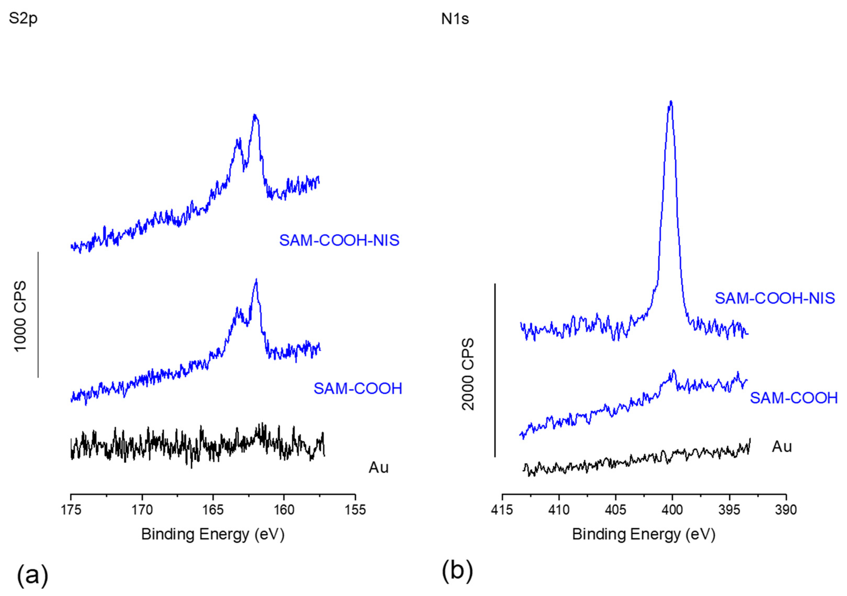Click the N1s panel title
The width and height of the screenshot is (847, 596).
coord(455,18)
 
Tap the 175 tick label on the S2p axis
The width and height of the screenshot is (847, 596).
coord(71,510)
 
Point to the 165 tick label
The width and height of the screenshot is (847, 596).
coord(213,510)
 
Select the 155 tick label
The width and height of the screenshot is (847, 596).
coord(355,510)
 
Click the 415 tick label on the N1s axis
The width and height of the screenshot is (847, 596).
coord(502,510)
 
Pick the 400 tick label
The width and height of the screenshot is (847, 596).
coord(673,510)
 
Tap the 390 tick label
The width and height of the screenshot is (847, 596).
coord(786,510)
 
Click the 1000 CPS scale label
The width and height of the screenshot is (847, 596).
coord(20,316)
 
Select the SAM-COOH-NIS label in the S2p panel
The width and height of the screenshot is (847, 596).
coord(339,240)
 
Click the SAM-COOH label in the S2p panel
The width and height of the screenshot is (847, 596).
coord(357,389)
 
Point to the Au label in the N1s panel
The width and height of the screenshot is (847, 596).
coord(782,447)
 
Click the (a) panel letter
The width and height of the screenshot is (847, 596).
coord(32,574)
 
